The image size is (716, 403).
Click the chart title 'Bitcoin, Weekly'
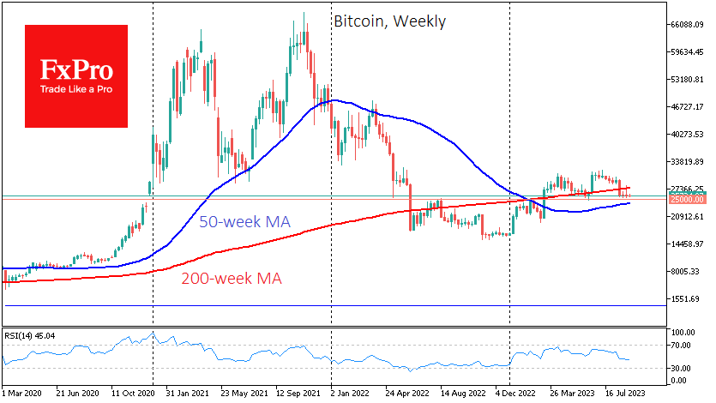[389, 21]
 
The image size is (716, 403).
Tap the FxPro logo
[76, 75]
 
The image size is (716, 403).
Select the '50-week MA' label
[244, 222]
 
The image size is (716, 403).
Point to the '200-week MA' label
[231, 278]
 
